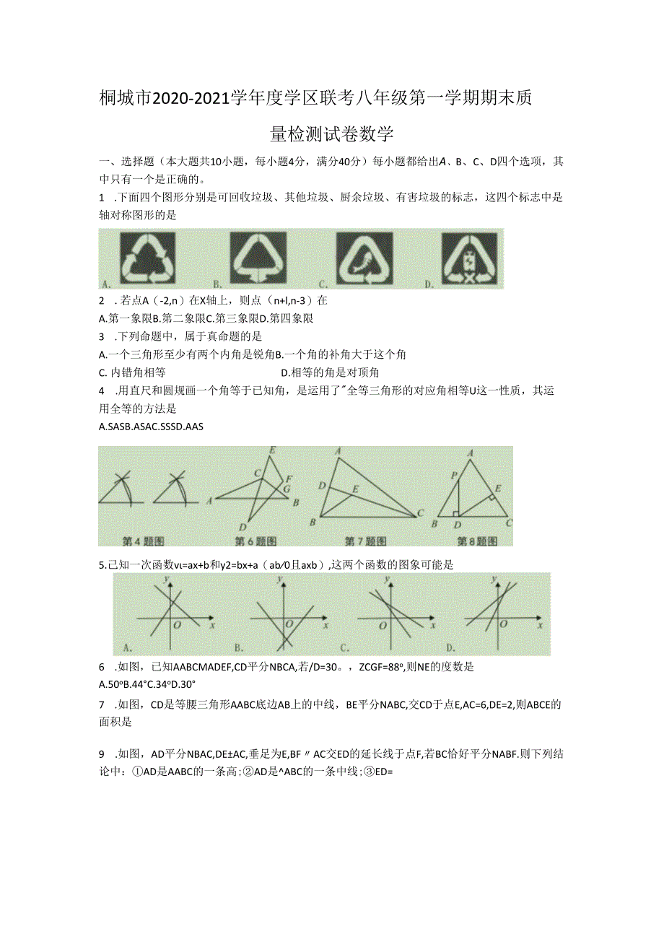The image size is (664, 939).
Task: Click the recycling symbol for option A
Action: point(148,258)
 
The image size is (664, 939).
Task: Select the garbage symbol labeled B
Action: point(258,258)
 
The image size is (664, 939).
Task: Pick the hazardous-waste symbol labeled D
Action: point(471,258)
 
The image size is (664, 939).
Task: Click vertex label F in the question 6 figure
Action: point(289,479)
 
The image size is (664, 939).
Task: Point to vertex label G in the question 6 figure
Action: point(287,489)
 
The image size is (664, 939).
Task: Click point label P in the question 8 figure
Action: point(454,476)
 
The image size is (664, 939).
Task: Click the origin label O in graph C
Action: point(383,626)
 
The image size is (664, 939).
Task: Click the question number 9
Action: point(102,754)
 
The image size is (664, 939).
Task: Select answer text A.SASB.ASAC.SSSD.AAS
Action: point(151,427)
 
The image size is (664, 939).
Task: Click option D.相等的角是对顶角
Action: point(330,372)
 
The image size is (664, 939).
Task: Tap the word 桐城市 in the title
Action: point(124,100)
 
